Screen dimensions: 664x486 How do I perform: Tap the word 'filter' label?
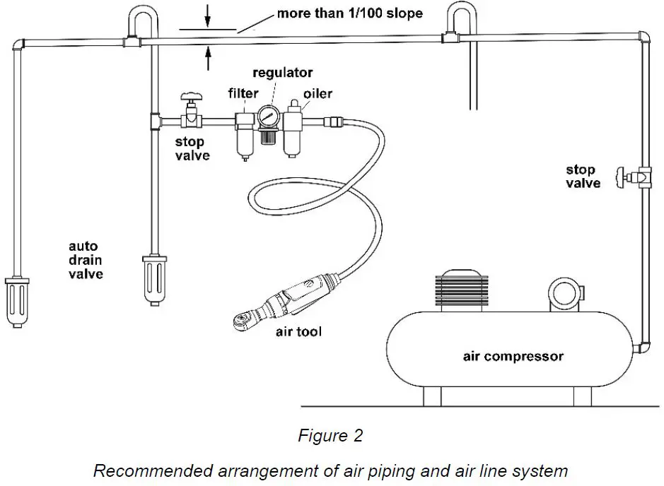(243, 93)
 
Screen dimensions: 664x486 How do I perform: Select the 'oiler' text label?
(318, 93)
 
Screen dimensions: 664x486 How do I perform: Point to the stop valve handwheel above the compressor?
(621, 177)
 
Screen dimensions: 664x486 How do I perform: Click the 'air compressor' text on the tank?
(513, 356)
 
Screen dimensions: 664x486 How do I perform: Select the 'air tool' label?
(298, 331)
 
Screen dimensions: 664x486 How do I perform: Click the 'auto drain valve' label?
(86, 260)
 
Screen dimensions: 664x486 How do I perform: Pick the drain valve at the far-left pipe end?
(17, 302)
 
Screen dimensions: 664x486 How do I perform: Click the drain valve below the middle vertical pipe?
(154, 280)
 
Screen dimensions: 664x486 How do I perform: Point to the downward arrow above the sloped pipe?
(207, 16)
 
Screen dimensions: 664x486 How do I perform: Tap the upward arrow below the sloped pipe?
(208, 59)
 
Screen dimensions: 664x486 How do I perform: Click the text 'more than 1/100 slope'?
(350, 13)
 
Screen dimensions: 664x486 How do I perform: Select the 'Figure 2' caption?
(331, 435)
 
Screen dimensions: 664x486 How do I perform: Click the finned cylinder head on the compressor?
(462, 290)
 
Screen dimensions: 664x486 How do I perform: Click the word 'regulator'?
(282, 73)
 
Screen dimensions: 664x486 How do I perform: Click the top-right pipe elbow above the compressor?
(643, 37)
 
